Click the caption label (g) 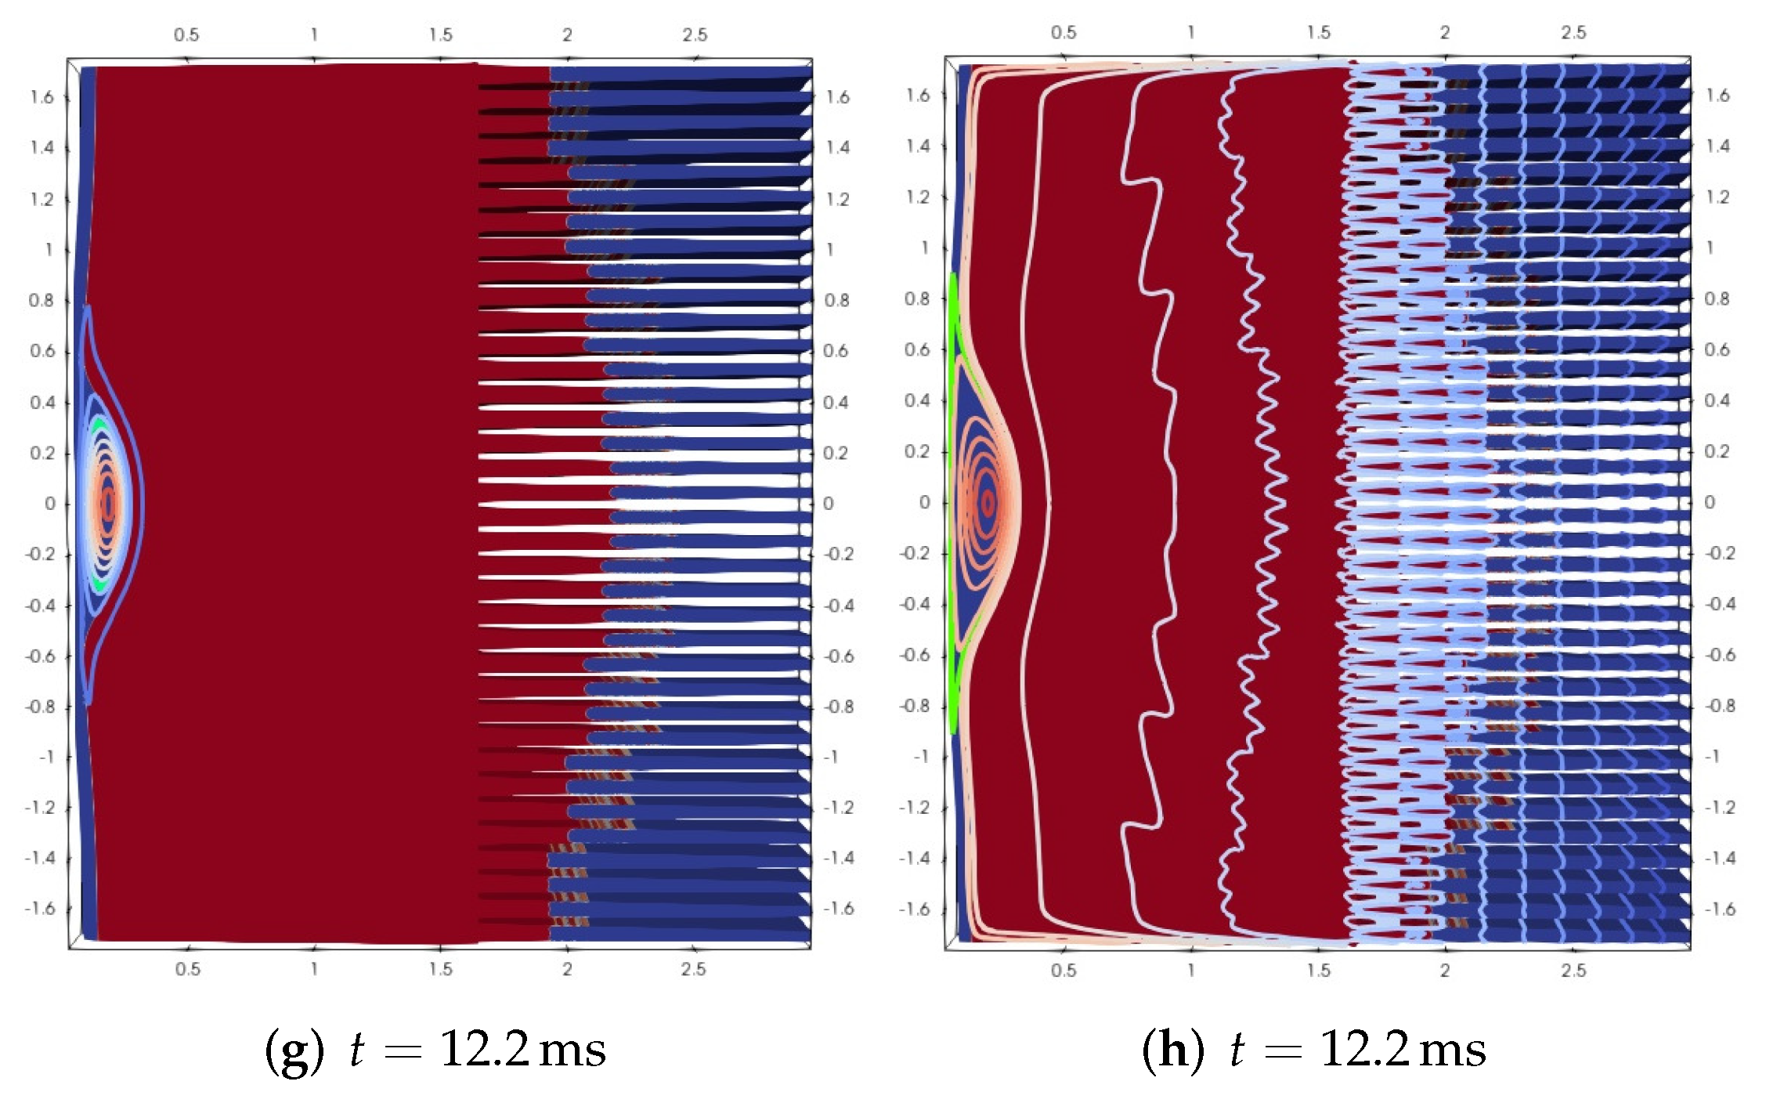pyautogui.click(x=294, y=1051)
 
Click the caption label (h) pyautogui.click(x=1172, y=1051)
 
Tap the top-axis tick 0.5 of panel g pyautogui.click(x=186, y=35)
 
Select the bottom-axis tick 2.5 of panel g pyautogui.click(x=693, y=970)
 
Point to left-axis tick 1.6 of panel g pyautogui.click(x=42, y=97)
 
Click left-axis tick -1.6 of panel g pyautogui.click(x=41, y=909)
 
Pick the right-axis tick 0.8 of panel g pyautogui.click(x=836, y=301)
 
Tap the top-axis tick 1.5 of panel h pyautogui.click(x=1318, y=33)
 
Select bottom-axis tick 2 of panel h pyautogui.click(x=1444, y=971)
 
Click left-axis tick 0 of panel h pyautogui.click(x=924, y=502)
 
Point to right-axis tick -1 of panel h pyautogui.click(x=1713, y=757)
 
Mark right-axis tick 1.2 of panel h pyautogui.click(x=1717, y=197)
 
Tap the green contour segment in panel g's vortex pyautogui.click(x=99, y=427)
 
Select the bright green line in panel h pyautogui.click(x=953, y=501)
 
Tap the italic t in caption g pyautogui.click(x=357, y=1051)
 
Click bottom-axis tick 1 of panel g pyautogui.click(x=313, y=970)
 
